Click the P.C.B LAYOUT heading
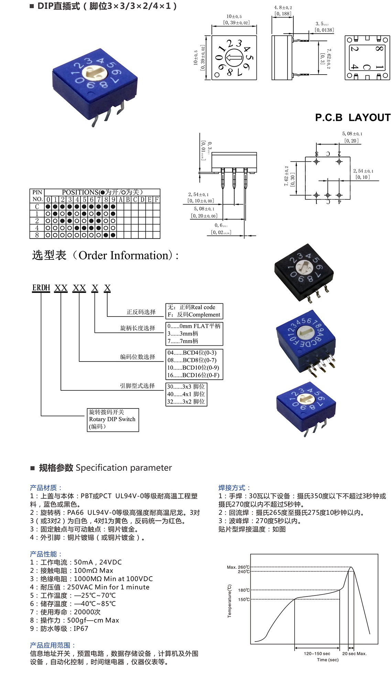(352, 118)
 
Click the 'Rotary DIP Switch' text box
(112, 419)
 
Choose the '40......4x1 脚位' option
(186, 394)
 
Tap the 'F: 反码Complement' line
(194, 315)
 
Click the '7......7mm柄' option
(183, 341)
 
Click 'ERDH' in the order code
(41, 288)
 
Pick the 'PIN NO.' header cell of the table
(37, 196)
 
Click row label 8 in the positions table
(37, 235)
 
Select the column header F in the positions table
(157, 200)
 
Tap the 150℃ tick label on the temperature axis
(244, 600)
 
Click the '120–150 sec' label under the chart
(317, 654)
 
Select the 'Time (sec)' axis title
(327, 660)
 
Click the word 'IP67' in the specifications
(81, 628)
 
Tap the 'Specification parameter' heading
(123, 468)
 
